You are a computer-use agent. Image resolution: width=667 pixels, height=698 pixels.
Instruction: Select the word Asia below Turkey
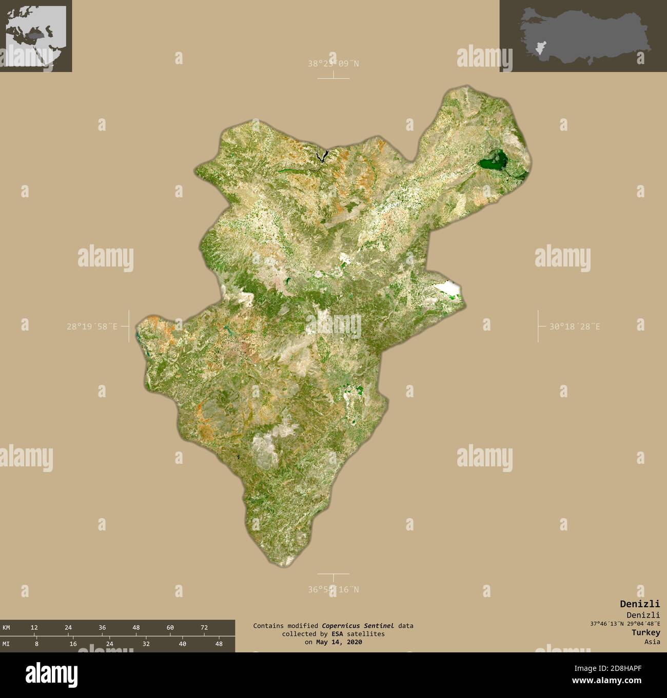tap(652, 642)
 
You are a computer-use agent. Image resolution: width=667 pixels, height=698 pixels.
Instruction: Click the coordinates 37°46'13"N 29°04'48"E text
tap(625, 624)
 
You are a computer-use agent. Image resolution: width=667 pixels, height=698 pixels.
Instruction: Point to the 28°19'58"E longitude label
tap(91, 326)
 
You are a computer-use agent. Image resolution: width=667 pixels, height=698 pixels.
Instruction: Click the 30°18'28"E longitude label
tap(575, 326)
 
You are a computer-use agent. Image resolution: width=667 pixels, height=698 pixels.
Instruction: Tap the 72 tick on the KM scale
tap(204, 627)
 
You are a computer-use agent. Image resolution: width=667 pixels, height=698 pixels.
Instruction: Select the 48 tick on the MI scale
tap(219, 644)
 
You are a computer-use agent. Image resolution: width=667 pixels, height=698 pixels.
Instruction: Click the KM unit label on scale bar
tap(6, 627)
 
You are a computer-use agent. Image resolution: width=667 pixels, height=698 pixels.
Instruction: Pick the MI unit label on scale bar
tap(6, 644)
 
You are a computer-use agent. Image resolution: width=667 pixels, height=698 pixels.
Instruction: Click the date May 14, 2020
tap(339, 642)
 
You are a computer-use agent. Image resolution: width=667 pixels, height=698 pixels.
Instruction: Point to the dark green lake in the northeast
tap(492, 163)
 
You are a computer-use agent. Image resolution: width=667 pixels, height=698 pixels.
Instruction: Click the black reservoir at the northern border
tap(322, 156)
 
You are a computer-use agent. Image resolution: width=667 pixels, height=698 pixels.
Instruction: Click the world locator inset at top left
tap(36, 36)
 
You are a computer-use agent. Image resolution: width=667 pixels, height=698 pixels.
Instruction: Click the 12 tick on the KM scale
tap(34, 627)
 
